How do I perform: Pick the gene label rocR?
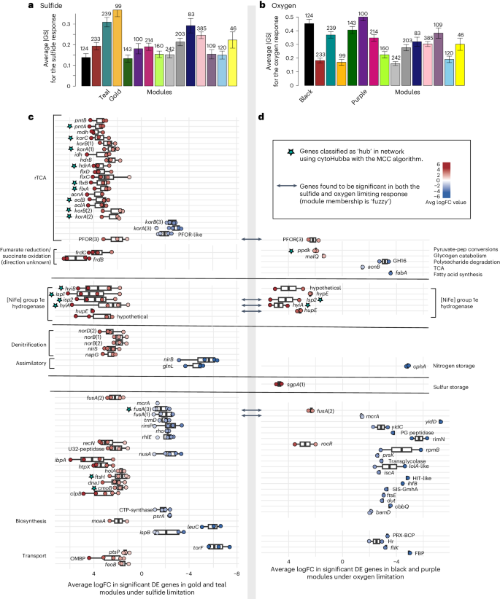coord(326,443)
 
